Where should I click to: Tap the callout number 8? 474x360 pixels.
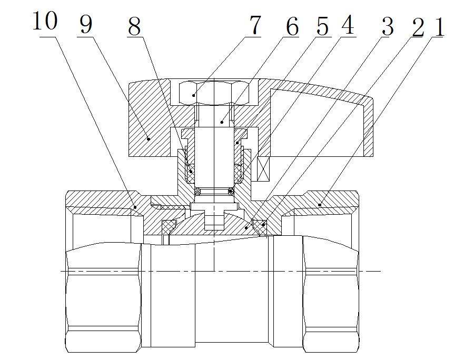click(135, 26)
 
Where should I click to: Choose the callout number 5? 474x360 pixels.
click(322, 26)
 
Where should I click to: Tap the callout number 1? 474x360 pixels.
click(438, 26)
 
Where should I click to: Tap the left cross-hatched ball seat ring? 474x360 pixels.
click(169, 226)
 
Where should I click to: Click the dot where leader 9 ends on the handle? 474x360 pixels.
click(149, 139)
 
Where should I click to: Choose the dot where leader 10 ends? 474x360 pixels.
click(135, 207)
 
